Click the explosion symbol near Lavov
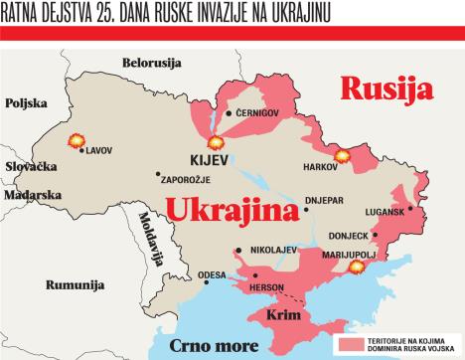[x=75, y=141]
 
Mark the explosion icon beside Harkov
[x=343, y=155]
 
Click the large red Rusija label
[x=387, y=89]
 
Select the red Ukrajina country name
[x=232, y=212]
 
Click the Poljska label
[x=27, y=103]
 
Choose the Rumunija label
[x=75, y=284]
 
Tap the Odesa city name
[x=213, y=274]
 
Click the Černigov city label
[x=258, y=113]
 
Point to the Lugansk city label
[x=385, y=211]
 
